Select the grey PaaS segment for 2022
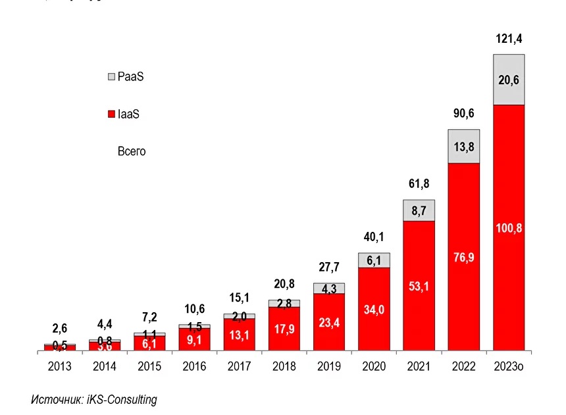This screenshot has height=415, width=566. (464, 146)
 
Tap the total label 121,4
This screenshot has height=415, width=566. (509, 40)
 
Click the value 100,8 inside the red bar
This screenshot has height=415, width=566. (509, 228)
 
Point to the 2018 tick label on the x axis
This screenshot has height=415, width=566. (284, 366)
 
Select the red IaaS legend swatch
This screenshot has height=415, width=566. (111, 115)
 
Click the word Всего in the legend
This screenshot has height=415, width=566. (132, 152)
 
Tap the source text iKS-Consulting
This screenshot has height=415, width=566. (122, 400)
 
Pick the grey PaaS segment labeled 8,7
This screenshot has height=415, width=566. (419, 211)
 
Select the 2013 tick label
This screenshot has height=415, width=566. (60, 366)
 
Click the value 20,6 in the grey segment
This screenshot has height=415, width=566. (509, 80)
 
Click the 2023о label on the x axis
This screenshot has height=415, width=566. (509, 366)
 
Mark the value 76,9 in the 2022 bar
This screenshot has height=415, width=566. (464, 258)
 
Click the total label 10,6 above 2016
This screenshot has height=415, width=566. (195, 309)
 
